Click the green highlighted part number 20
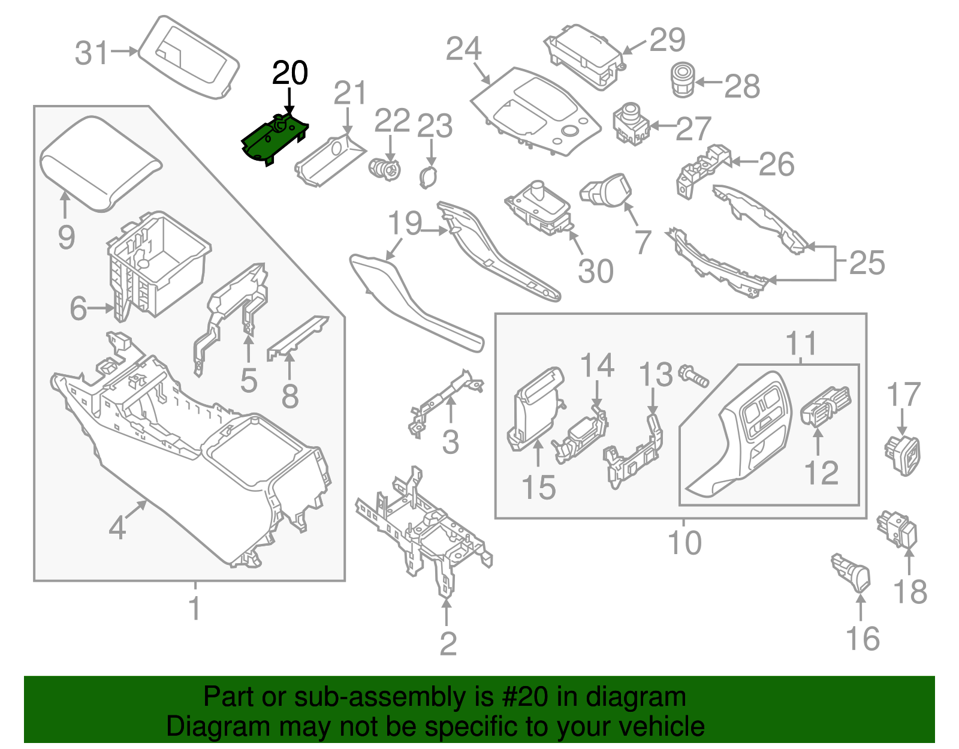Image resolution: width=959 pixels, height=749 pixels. click(273, 140)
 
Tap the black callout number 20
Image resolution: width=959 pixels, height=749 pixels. click(290, 73)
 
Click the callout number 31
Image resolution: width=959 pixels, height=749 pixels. click(92, 53)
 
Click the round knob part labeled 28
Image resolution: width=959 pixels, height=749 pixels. click(681, 80)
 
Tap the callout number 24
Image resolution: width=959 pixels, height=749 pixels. click(463, 49)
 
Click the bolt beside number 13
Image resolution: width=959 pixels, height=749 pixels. click(693, 377)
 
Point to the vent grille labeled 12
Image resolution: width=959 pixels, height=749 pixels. click(826, 407)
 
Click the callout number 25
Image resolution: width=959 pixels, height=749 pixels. click(867, 263)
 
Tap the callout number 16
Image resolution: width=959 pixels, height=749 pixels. click(863, 639)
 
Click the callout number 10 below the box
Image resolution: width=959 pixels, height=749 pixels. click(684, 543)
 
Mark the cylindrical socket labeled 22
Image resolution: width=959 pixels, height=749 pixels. click(384, 169)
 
